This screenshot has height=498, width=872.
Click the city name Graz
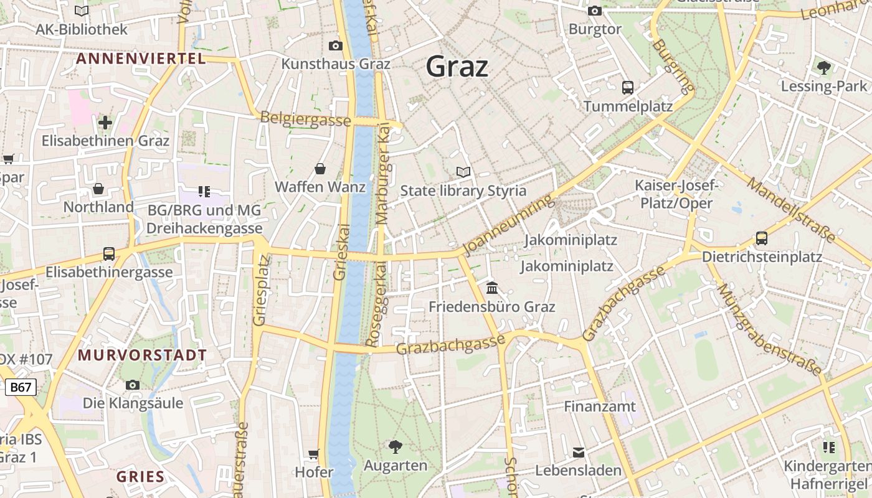[x=457, y=66]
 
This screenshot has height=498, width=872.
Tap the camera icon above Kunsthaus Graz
[x=336, y=45]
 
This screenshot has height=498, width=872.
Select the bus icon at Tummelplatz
[x=628, y=88]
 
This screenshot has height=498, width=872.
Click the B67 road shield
[x=21, y=387]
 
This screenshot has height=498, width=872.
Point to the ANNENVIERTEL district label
[x=140, y=59]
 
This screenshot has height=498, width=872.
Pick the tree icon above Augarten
[x=396, y=446]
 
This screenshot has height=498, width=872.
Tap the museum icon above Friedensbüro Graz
[x=492, y=288]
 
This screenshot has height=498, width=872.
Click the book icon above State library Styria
[x=463, y=172]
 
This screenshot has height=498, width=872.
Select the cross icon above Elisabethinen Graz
[x=105, y=122]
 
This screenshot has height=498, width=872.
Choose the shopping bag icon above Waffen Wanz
[x=320, y=168]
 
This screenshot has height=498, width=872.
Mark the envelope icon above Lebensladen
[x=579, y=452]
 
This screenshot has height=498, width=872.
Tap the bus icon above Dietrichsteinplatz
[x=761, y=238]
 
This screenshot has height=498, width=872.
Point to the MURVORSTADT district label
[x=142, y=355]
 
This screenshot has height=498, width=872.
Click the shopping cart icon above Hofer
[x=314, y=454]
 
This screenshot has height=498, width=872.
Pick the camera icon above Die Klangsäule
[x=133, y=385]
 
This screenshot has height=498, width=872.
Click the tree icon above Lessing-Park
[x=824, y=67]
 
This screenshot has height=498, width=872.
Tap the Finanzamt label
[x=600, y=406]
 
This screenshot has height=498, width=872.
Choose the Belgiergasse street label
[x=305, y=118]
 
